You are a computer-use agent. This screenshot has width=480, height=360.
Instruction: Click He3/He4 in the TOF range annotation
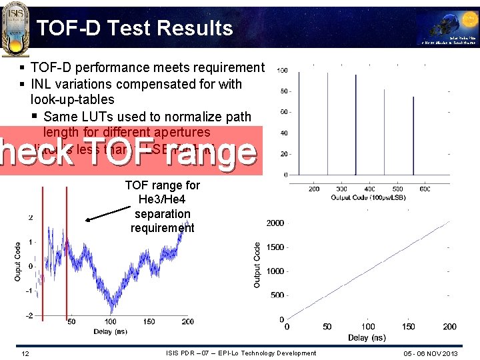[162, 199]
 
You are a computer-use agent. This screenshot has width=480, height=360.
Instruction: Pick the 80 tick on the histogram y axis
[283, 91]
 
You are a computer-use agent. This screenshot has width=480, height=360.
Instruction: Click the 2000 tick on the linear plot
[275, 223]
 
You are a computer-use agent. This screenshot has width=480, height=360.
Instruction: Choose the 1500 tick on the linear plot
[275, 247]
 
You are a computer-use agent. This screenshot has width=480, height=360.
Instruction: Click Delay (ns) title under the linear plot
[366, 338]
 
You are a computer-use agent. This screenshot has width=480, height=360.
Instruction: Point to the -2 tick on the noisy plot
[30, 315]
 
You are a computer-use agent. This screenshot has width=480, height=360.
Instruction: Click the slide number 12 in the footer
[24, 353]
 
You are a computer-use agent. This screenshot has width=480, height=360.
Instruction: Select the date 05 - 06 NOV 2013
[431, 353]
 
